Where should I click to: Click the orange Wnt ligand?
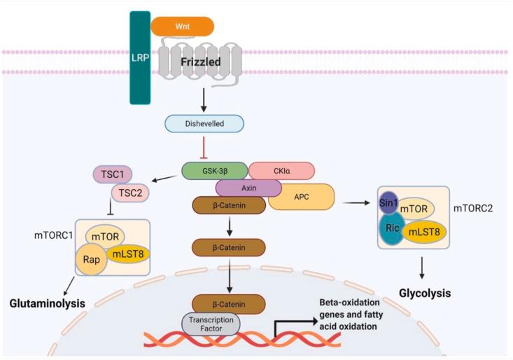pyautogui.click(x=183, y=26)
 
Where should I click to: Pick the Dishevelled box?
pyautogui.click(x=204, y=124)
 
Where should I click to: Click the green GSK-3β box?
pyautogui.click(x=215, y=170)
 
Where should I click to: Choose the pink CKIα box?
pyautogui.click(x=281, y=170)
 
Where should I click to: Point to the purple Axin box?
pyautogui.click(x=248, y=188)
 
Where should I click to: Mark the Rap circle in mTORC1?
pyautogui.click(x=93, y=259)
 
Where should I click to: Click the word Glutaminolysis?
pyautogui.click(x=52, y=304)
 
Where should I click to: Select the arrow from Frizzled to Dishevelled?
pyautogui.click(x=204, y=99)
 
